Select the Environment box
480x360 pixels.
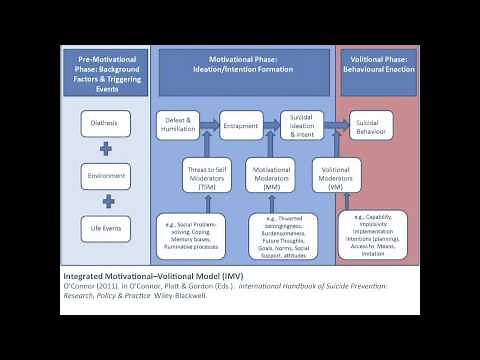pos(106,177)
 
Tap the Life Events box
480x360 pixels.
pos(106,229)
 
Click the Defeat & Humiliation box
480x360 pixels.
pos(177,125)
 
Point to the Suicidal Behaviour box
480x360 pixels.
pos(374,125)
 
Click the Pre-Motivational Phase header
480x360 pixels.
pos(105,73)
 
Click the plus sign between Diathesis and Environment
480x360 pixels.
pos(106,151)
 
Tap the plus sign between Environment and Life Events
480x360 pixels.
pos(106,203)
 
